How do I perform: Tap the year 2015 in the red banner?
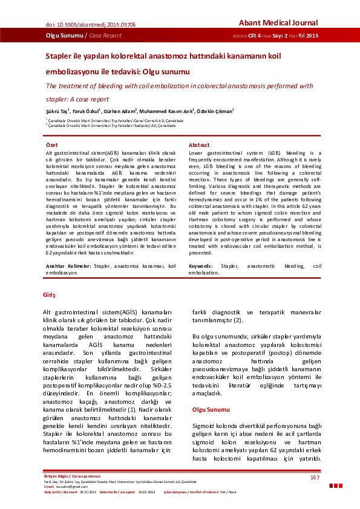312,36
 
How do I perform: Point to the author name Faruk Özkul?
90,111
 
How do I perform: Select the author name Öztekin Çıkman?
215,111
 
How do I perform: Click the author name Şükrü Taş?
57,111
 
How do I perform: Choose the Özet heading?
53,146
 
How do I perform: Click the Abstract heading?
200,146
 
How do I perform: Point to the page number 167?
315,478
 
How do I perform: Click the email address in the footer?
67,486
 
